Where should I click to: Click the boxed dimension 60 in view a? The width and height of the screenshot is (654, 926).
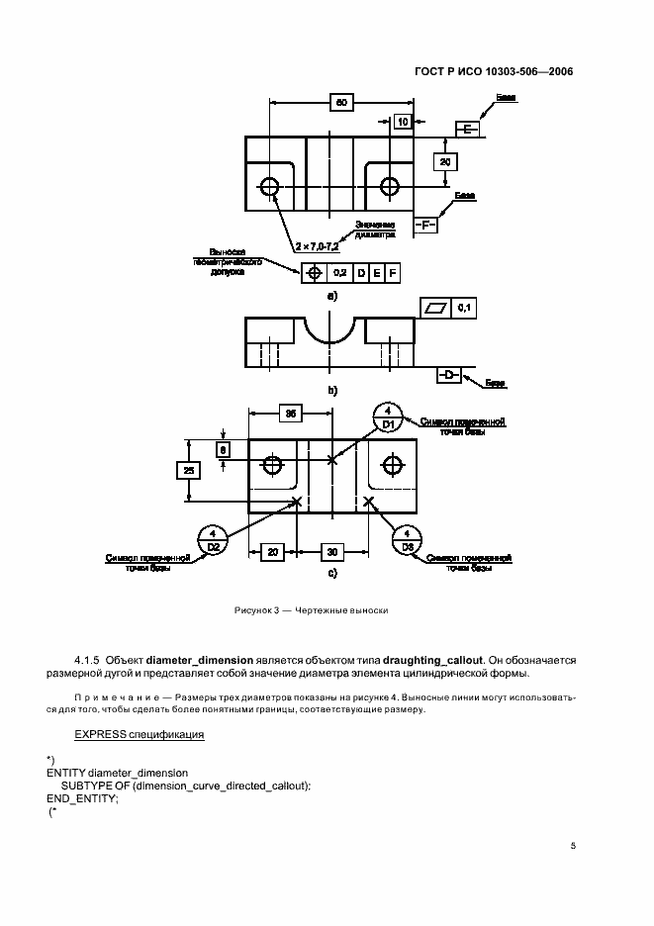(341, 102)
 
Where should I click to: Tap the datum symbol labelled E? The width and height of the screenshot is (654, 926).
(467, 130)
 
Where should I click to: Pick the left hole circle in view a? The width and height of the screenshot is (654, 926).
(268, 185)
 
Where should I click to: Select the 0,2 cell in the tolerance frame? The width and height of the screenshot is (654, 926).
(339, 271)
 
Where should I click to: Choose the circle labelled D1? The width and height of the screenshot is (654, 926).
(389, 417)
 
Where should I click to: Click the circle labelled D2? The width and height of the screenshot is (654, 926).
(212, 539)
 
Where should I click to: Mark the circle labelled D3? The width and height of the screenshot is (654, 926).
(407, 539)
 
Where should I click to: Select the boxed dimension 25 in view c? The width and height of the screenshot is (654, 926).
(188, 471)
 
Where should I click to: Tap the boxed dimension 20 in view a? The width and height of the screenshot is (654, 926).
(445, 161)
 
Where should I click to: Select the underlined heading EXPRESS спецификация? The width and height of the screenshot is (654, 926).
(140, 734)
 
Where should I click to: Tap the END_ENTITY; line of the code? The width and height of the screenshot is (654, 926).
(82, 798)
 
